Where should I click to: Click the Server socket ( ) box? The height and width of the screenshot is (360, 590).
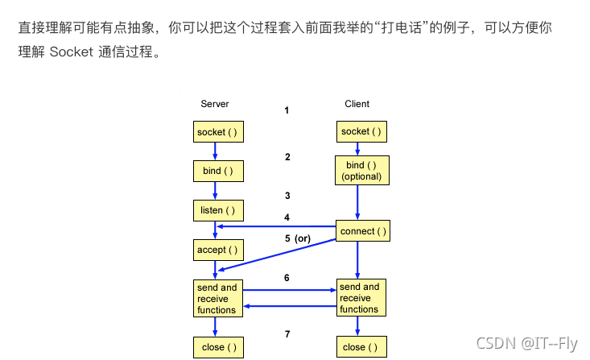click(x=217, y=131)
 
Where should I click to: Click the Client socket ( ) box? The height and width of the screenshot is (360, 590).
click(x=361, y=131)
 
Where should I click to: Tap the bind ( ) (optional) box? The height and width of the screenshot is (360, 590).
click(x=361, y=171)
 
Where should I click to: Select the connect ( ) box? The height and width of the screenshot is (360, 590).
click(x=363, y=231)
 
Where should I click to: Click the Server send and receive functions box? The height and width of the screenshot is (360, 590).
click(x=217, y=298)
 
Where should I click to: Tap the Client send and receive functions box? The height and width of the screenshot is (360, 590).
click(x=361, y=297)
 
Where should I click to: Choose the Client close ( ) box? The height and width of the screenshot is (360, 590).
click(x=361, y=347)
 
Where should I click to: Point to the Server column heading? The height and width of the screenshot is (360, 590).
click(x=215, y=104)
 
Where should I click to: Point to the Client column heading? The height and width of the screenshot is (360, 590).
click(x=357, y=104)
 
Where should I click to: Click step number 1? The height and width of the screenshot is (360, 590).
click(x=287, y=110)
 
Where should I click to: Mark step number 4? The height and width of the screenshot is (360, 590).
click(x=287, y=217)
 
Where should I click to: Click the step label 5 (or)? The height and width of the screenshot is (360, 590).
click(x=297, y=238)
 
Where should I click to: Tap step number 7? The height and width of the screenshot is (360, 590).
click(x=287, y=334)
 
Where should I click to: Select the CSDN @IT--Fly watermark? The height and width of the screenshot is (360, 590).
click(x=526, y=343)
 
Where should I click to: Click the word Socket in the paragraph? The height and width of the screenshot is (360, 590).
click(x=72, y=54)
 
